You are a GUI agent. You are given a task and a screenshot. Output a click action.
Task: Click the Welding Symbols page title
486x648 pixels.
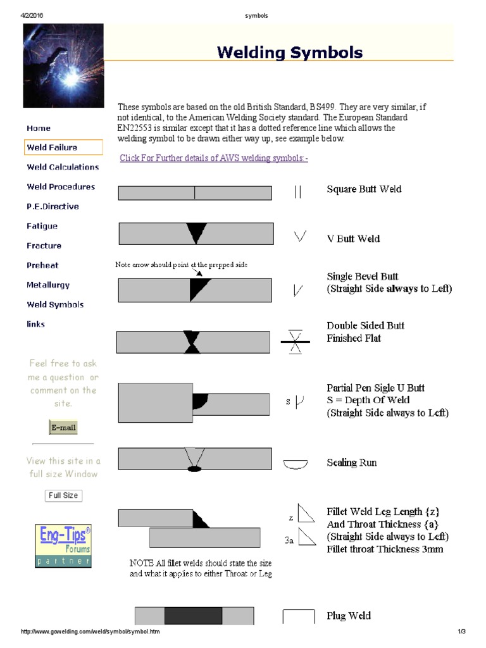(x=290, y=52)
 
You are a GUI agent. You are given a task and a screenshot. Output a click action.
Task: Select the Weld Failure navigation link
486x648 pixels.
(x=52, y=147)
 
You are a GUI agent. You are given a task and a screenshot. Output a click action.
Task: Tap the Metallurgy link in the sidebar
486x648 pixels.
(x=48, y=285)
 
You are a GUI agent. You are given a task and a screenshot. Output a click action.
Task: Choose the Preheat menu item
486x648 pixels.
(x=42, y=265)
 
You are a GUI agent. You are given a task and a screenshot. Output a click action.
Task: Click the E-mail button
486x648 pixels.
(x=63, y=427)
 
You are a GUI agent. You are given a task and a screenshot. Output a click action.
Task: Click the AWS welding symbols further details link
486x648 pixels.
(x=214, y=158)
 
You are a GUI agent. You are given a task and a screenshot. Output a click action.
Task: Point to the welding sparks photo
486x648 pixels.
(x=63, y=66)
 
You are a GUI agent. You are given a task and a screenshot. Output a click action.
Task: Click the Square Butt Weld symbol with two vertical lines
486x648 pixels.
(x=298, y=192)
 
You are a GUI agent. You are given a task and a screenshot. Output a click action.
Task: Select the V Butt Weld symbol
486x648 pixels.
(x=300, y=237)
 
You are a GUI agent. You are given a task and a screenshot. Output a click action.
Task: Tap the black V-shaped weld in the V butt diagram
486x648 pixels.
(x=197, y=233)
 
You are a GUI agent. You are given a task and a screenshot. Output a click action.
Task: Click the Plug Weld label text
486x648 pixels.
(x=349, y=615)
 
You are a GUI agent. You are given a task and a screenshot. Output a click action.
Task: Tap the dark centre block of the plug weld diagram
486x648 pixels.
(x=193, y=616)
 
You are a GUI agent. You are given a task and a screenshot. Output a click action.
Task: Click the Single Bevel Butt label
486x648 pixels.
(x=363, y=277)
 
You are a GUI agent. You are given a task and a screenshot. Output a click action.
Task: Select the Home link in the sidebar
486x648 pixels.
(x=39, y=128)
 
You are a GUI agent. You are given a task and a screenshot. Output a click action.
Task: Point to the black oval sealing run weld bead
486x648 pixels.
(x=194, y=469)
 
